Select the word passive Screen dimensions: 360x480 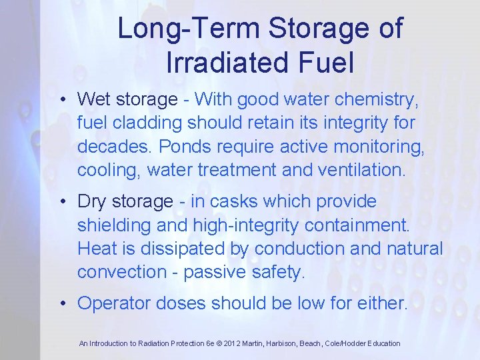[212, 272]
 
